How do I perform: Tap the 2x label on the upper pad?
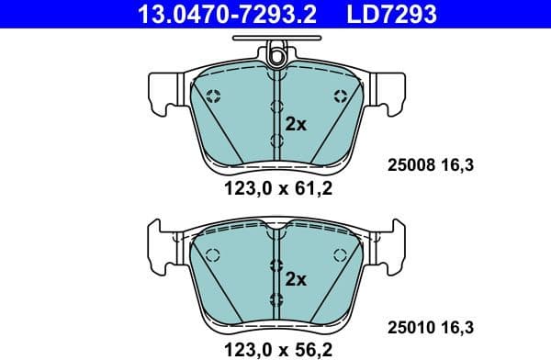tap(295, 125)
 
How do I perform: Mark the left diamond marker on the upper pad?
tap(213, 96)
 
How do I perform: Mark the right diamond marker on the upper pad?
tap(341, 96)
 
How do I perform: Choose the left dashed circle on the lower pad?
tap(212, 255)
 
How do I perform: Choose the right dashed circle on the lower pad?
tap(342, 255)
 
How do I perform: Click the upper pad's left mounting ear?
tap(163, 92)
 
